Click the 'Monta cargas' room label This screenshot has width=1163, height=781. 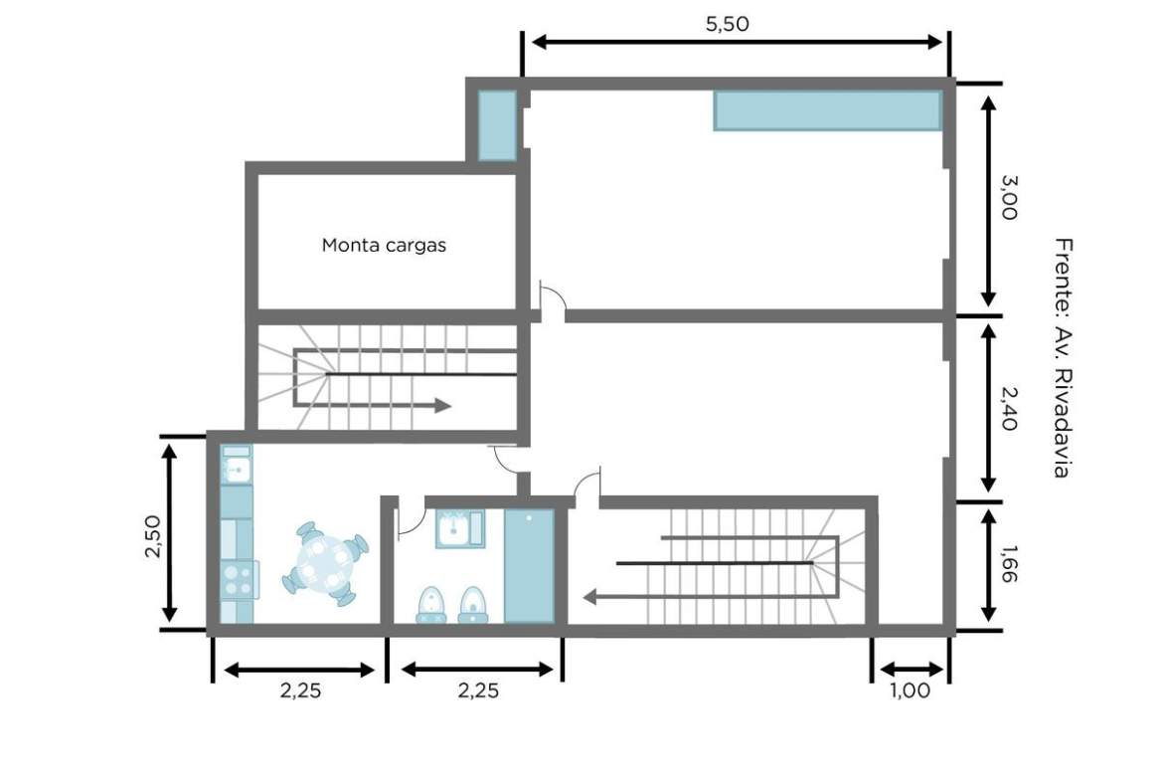384,245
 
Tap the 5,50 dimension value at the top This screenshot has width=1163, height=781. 727,24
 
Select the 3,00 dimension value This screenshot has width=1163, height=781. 1009,197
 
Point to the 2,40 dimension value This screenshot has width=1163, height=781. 1009,409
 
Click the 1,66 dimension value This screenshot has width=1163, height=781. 1009,564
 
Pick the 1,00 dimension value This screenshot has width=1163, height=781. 910,690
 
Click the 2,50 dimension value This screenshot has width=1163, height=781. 153,536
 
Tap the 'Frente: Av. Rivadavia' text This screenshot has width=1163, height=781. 1063,358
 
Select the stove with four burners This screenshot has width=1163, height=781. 239,580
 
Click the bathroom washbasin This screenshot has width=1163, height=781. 460,528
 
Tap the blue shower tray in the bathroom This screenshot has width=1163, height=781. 529,566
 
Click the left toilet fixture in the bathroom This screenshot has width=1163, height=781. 431,604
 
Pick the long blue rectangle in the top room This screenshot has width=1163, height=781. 828,109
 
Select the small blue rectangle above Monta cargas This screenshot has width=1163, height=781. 496,124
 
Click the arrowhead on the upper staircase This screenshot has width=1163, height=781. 442,405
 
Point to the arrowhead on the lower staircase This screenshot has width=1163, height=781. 591,597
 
